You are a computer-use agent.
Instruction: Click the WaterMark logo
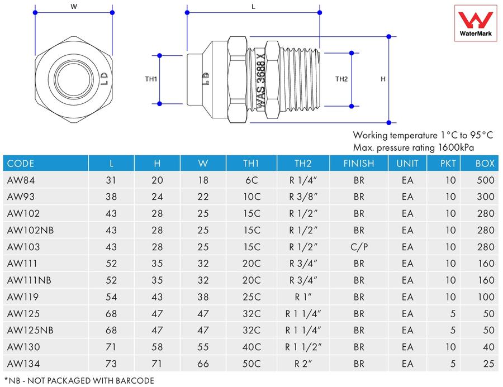coord(476,23)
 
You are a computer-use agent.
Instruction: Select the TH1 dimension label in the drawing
coord(151,79)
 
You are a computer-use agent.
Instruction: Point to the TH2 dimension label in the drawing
coord(341,79)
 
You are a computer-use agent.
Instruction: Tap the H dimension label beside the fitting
coord(383,79)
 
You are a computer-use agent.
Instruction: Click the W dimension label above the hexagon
coord(74,6)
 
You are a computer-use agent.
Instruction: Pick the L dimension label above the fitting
coord(253,6)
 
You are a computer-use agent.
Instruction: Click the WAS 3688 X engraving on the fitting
coord(260,81)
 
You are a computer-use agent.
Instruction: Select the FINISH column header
coord(359,164)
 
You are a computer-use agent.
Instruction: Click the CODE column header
coord(21,164)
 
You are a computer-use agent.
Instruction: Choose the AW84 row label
coord(21,180)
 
